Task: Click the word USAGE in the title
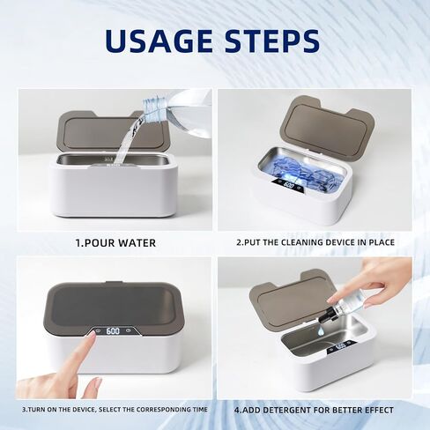pos(159,41)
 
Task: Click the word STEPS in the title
pos(272,41)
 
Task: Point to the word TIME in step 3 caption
pos(200,410)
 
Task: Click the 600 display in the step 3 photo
pos(113,330)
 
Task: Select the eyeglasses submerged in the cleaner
pos(300,177)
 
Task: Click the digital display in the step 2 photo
pos(289,185)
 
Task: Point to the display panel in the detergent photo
pos(341,346)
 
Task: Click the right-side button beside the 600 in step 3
pos(129,330)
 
